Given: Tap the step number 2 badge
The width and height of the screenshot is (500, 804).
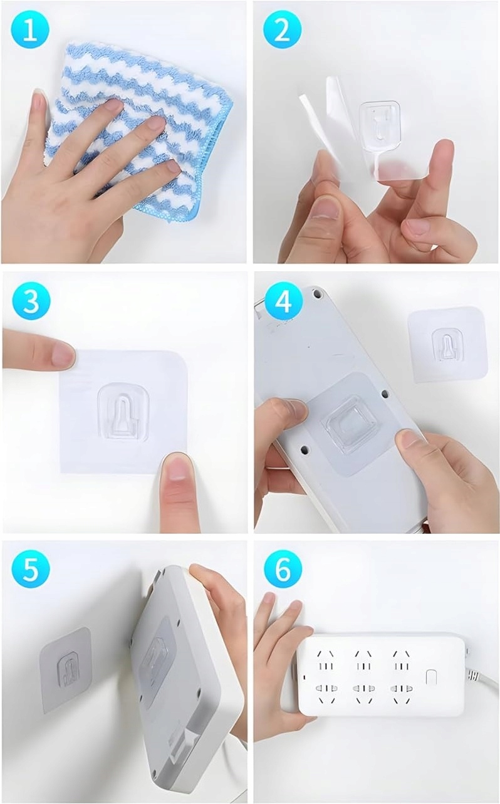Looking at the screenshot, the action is coord(283,31).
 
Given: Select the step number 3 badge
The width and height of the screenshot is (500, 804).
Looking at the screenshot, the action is coord(31,301).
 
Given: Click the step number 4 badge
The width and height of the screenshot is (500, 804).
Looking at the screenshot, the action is coord(284,301).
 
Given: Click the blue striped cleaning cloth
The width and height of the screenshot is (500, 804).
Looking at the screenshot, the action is coord(140,129).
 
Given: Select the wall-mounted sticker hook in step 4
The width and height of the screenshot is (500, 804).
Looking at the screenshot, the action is coord(447,346).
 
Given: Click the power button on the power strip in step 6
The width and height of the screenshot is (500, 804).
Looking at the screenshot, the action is coord(430,677).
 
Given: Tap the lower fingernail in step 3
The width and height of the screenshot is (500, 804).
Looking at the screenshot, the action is coord(177,467).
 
